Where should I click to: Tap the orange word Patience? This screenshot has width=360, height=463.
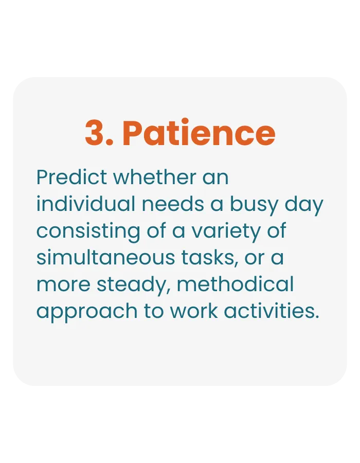pos(199,132)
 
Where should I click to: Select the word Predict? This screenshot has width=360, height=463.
pos(71,177)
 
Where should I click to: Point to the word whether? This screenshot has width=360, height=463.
pos(155,177)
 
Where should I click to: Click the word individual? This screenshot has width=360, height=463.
pos(85,204)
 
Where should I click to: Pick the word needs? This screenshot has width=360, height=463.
pos(173,204)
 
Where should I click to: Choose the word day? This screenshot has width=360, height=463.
pos(304,206)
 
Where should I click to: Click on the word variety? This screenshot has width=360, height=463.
pos(226,233)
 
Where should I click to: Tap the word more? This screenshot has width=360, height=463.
pos(63,285)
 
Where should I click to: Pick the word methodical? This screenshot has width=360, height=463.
pos(235,284)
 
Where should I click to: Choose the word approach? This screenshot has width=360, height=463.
pos(87,313)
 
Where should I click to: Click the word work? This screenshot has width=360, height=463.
pos(193,311)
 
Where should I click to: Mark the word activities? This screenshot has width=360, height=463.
pos(272,311)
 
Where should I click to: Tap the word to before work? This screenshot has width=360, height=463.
pos(153,311)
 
